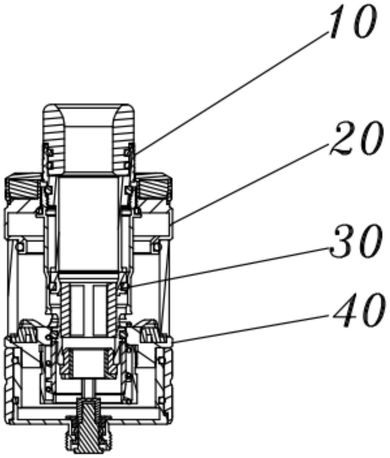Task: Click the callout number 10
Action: [x=349, y=23]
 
